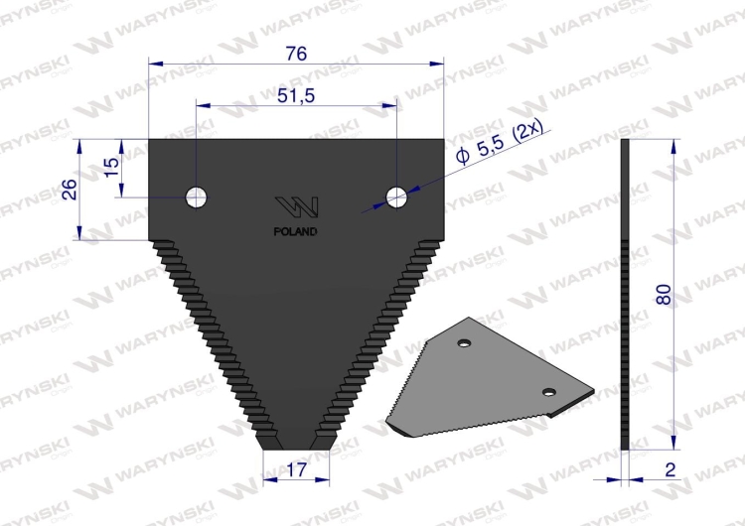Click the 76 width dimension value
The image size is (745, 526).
(x=296, y=55)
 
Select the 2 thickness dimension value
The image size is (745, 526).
(x=670, y=469)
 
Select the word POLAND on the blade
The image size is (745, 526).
(x=296, y=232)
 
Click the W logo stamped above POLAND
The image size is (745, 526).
(x=296, y=208)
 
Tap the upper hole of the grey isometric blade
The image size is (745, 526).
(x=463, y=343)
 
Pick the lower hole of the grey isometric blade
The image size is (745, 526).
(x=547, y=392)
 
